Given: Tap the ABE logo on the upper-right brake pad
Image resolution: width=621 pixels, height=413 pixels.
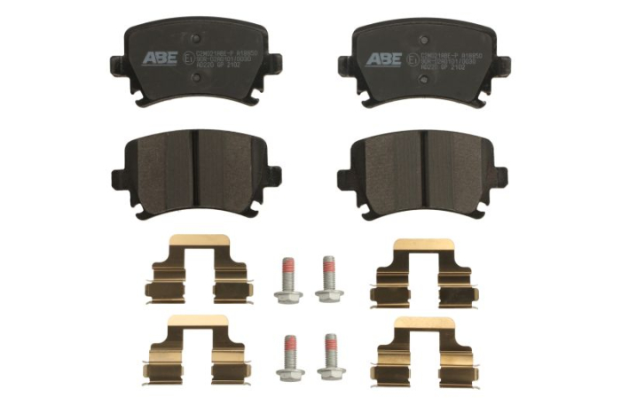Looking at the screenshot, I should point(385,58).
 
